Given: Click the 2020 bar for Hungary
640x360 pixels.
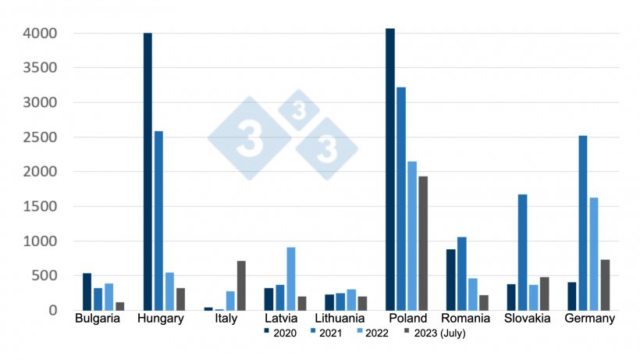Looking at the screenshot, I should pos(148,172).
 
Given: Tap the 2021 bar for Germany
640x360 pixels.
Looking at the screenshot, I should pos(583,223).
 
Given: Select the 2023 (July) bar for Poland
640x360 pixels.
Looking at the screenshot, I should pos(423,243).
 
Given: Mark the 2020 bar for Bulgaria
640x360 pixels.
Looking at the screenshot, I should pos(87,291).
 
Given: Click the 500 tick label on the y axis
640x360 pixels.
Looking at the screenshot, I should pos(43,276).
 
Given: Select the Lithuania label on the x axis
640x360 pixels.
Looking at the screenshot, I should pos(340,319).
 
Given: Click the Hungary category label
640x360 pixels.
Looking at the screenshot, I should pos(160,319).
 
